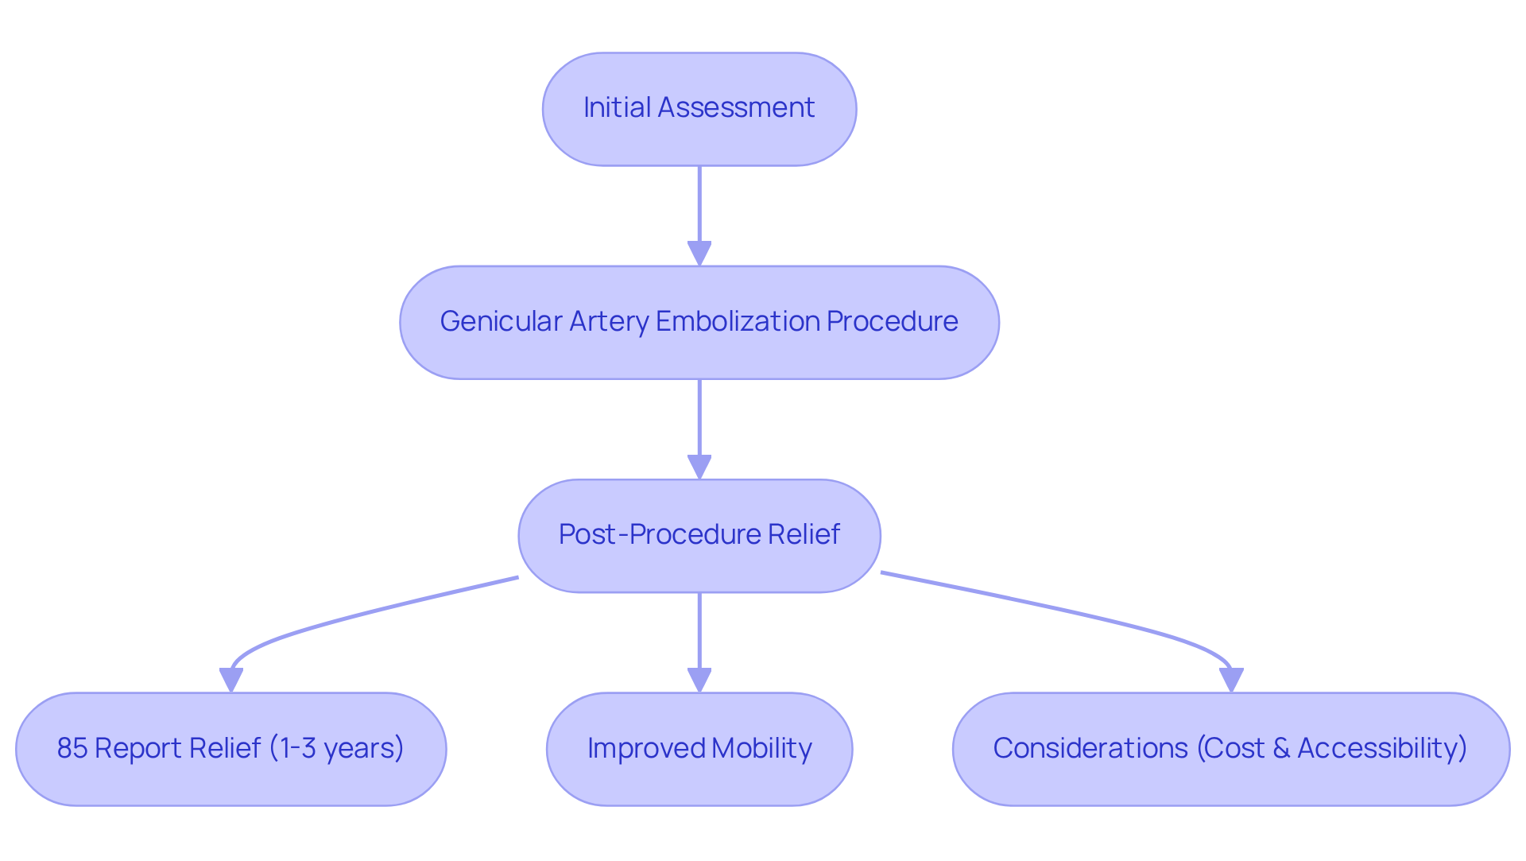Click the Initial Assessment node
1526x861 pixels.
pos(699,109)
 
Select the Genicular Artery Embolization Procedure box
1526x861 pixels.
pos(699,322)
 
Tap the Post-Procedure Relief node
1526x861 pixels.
pos(699,535)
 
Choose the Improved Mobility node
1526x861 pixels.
pos(699,748)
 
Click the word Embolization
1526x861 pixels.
pos(738,321)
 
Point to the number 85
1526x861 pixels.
pos(72,748)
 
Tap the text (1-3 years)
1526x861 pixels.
pos(336,748)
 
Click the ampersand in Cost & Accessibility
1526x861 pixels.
pos(1280,748)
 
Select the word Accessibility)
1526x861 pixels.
pos(1382,748)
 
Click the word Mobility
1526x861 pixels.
pos(761,748)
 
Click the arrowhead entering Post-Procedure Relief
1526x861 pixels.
pos(699,467)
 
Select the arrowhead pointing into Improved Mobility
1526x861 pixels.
pos(699,681)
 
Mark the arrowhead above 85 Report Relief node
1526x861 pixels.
pos(231,681)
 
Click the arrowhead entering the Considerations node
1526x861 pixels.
pos(1231,681)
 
